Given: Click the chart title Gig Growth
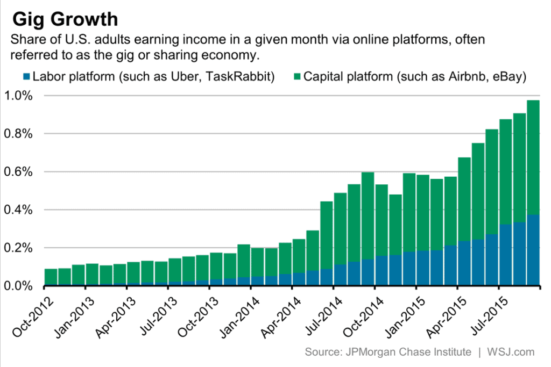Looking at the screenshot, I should click(65, 19).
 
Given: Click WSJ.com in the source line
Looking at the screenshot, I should click(511, 352).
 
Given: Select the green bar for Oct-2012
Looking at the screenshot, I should click(51, 277).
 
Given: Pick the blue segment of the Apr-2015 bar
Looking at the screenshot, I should click(464, 263).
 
